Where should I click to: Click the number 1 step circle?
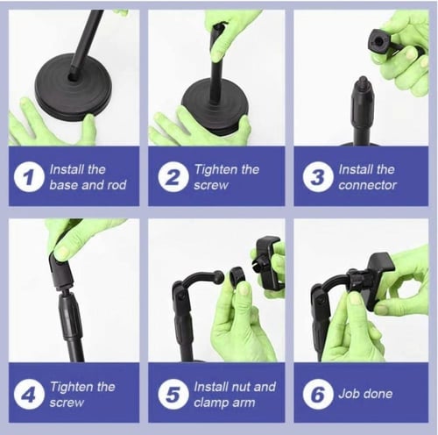(29, 177)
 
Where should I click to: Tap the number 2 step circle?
(173, 177)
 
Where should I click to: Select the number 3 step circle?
(318, 177)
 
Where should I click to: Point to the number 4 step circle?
(29, 395)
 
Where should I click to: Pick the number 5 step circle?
(173, 395)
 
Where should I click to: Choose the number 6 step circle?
(318, 395)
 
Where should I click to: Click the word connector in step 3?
(368, 185)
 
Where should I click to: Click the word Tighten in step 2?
(215, 170)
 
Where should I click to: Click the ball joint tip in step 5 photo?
(219, 276)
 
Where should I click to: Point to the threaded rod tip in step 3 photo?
(363, 80)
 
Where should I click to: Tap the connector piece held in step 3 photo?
(383, 42)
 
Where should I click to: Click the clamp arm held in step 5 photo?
(269, 261)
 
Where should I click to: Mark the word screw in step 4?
(67, 403)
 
